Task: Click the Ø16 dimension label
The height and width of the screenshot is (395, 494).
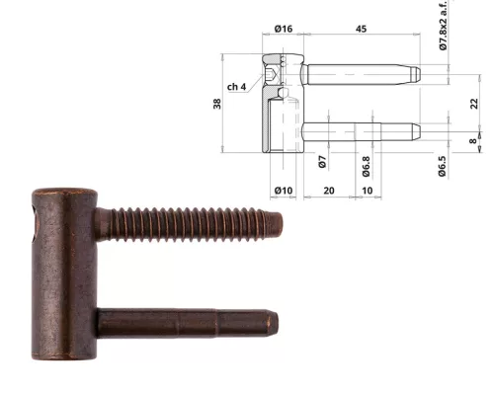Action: [x=284, y=29]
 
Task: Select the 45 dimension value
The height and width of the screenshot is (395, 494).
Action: [x=361, y=29]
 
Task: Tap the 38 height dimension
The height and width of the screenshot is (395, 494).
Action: [x=217, y=104]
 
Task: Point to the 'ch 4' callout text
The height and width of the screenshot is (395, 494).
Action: [x=236, y=87]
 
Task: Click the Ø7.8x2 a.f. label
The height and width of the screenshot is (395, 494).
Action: [x=444, y=25]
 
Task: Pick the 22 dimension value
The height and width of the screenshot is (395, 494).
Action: [x=473, y=104]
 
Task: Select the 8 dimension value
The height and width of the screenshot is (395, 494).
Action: [x=473, y=141]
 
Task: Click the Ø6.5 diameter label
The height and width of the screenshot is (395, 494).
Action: [x=442, y=166]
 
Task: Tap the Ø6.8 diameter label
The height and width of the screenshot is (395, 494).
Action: [x=366, y=167]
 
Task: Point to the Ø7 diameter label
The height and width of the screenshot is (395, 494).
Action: [x=322, y=162]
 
